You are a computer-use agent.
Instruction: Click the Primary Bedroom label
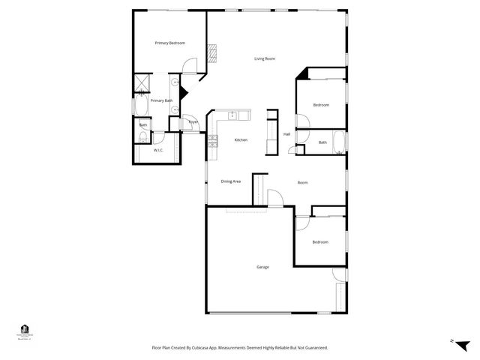pos(170,43)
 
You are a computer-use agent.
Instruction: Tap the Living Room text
pos(265,58)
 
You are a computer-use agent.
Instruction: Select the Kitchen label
pos(241,140)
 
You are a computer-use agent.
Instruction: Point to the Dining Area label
pos(230,181)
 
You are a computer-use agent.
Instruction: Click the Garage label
pos(262,267)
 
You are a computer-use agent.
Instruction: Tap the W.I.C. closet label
pos(159,151)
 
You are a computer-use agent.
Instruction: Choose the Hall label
pos(286,134)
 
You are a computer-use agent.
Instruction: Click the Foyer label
pos(193,121)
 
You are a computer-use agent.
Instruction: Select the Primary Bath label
pos(161,100)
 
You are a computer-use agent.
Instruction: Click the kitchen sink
pos(233,115)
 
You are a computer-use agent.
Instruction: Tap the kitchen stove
pos(213,139)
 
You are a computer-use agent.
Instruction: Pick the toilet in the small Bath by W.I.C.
pos(142,136)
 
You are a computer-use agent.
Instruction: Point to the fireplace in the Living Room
pos(212,53)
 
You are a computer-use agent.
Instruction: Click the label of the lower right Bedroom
pos(320,241)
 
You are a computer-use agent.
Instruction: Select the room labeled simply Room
pos(302,182)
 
